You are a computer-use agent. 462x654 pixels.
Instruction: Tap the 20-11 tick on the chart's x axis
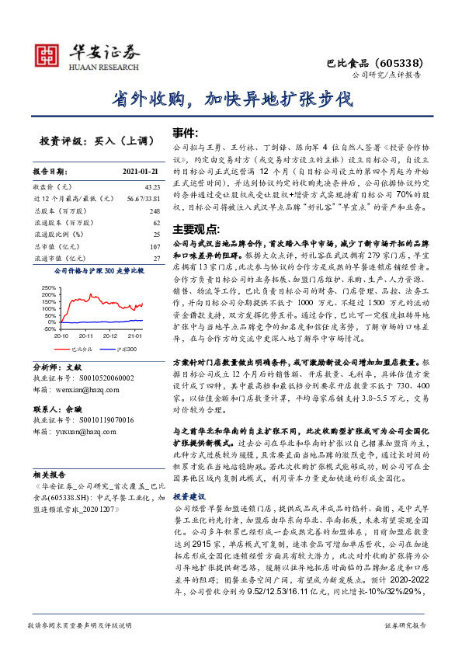[x=85, y=336]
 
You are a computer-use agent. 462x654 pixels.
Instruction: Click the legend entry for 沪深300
[x=127, y=350]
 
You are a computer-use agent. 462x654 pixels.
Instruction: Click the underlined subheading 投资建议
[x=190, y=474]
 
